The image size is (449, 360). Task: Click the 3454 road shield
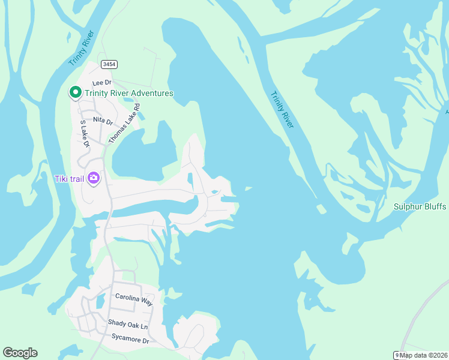[x=109, y=64]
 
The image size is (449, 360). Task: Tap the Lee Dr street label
[x=102, y=82]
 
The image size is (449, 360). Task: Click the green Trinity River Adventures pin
[x=75, y=93]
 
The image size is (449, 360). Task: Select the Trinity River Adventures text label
[x=128, y=93]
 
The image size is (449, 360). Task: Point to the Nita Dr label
[x=103, y=120]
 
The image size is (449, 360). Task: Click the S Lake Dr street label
[x=85, y=134]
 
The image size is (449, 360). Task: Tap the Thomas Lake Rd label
[x=124, y=123]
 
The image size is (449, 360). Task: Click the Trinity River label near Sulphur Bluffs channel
[x=282, y=109]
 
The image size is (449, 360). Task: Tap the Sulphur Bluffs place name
[x=420, y=206]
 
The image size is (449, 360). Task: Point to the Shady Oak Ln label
[x=127, y=325]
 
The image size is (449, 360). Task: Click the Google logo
[x=20, y=353]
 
